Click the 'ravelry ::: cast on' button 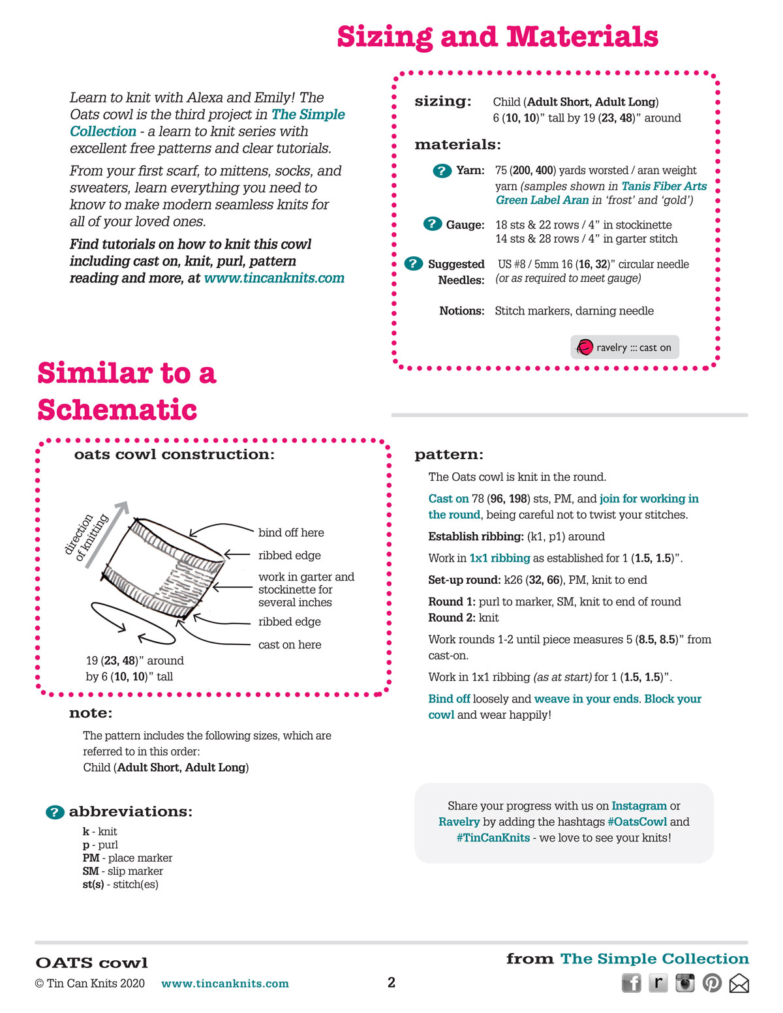pyautogui.click(x=624, y=347)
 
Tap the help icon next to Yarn pyautogui.click(x=442, y=171)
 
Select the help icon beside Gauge pyautogui.click(x=433, y=224)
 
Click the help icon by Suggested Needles pyautogui.click(x=413, y=264)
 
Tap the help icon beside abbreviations pyautogui.click(x=55, y=812)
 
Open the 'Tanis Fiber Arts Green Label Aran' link pyautogui.click(x=601, y=193)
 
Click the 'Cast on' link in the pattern pyautogui.click(x=448, y=498)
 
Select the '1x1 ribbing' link pyautogui.click(x=499, y=558)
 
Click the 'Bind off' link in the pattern pyautogui.click(x=449, y=699)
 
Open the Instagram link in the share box pyautogui.click(x=639, y=806)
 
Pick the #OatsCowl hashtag pyautogui.click(x=637, y=821)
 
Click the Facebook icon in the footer pyautogui.click(x=632, y=983)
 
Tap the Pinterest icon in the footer pyautogui.click(x=712, y=983)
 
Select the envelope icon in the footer pyautogui.click(x=739, y=984)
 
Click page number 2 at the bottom pyautogui.click(x=391, y=982)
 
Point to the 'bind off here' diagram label pyautogui.click(x=291, y=532)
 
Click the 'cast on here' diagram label pyautogui.click(x=290, y=644)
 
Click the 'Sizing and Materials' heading pyautogui.click(x=498, y=37)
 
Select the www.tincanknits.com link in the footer pyautogui.click(x=224, y=983)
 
